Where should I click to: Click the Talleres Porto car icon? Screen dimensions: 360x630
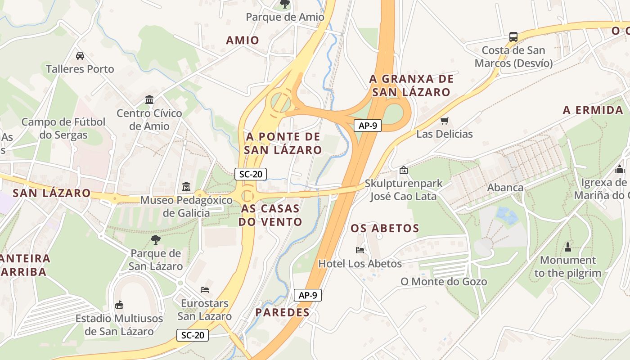(80, 56)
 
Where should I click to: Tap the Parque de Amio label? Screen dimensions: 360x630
(285, 17)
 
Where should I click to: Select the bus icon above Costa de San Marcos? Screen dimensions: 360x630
(513, 36)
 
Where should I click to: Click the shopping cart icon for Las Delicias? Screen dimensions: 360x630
(445, 121)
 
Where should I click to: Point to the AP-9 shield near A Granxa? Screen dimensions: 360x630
(368, 126)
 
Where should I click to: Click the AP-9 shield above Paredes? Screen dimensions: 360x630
(308, 295)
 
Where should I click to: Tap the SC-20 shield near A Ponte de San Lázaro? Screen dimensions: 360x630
(251, 174)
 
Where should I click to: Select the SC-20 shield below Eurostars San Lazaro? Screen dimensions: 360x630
(193, 335)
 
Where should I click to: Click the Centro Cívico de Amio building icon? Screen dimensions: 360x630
(149, 99)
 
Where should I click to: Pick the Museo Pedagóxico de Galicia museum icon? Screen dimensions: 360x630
(186, 186)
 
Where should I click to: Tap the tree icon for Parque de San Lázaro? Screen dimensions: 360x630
(156, 239)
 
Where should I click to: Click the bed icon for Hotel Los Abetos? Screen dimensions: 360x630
(360, 250)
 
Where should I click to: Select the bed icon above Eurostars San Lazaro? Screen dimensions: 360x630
(205, 289)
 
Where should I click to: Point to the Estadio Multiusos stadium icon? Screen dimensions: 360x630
(119, 305)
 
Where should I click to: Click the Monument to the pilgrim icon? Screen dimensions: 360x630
(568, 247)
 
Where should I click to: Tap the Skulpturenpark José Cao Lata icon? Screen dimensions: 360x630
(403, 170)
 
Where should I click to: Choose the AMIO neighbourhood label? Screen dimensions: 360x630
(243, 40)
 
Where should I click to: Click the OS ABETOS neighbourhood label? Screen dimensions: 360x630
(385, 228)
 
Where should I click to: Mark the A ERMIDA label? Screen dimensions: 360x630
(593, 110)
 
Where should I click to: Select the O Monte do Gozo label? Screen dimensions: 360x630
(444, 282)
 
